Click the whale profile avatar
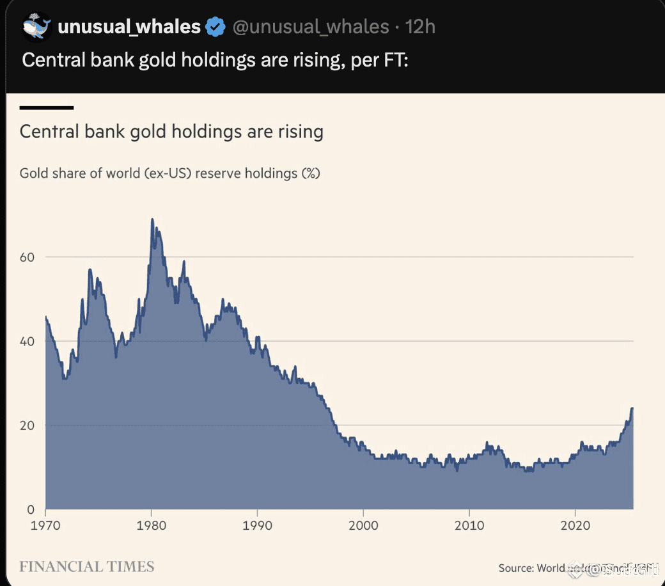tap(36, 26)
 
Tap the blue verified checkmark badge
tap(215, 27)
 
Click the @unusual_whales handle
tap(310, 27)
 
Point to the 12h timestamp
tap(421, 27)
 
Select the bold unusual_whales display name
tap(129, 27)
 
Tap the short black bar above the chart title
tap(47, 107)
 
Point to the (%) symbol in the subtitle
tap(310, 173)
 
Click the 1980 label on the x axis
tap(151, 526)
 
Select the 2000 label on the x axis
tap(363, 526)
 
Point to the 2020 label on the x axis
tap(575, 526)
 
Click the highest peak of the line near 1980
tap(152, 219)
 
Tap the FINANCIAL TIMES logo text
tap(87, 567)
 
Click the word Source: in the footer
tap(516, 567)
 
